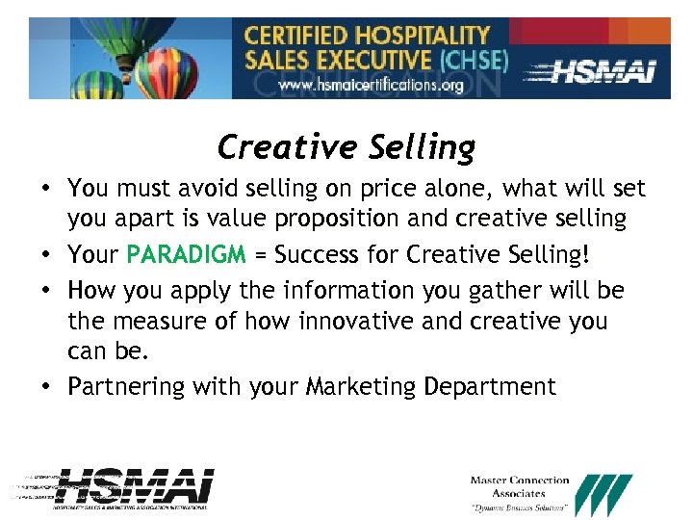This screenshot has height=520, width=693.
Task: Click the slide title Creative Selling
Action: (346, 147)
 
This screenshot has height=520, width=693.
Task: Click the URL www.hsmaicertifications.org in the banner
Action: (371, 85)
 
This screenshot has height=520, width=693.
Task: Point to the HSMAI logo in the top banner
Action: (604, 69)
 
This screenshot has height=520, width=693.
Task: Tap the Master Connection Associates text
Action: (520, 486)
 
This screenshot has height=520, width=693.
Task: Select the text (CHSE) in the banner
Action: (473, 60)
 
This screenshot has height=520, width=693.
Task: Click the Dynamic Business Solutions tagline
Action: (520, 507)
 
